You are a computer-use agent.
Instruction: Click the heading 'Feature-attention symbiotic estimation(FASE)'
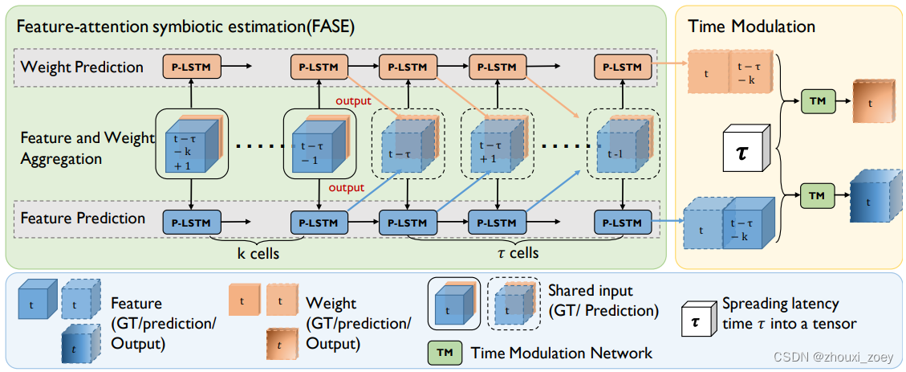185,27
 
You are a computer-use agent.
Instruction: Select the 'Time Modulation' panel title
751,27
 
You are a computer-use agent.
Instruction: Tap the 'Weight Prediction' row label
82,67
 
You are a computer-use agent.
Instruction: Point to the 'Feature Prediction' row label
83,219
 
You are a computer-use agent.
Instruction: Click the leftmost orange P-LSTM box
187,67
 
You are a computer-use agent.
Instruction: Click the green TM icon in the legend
445,352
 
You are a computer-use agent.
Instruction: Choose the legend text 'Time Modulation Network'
562,353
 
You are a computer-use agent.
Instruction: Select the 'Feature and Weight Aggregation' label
86,149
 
